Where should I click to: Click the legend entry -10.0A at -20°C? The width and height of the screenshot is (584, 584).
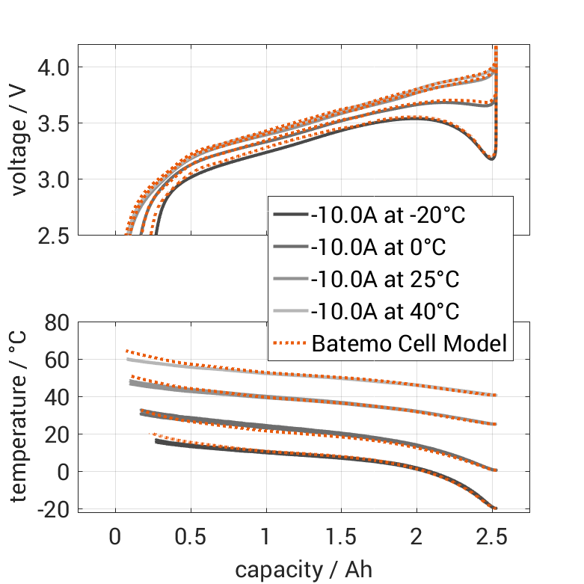click(x=388, y=216)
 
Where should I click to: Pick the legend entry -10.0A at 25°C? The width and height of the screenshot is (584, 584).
click(x=385, y=280)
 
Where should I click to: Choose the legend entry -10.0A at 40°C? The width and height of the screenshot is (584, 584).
click(x=385, y=312)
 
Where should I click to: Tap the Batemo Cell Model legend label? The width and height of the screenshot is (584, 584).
click(x=410, y=344)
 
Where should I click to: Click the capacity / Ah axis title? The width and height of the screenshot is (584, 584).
click(x=304, y=569)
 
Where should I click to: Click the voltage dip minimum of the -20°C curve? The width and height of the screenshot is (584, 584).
click(x=491, y=159)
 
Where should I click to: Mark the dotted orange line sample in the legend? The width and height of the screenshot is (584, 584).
click(x=289, y=344)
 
